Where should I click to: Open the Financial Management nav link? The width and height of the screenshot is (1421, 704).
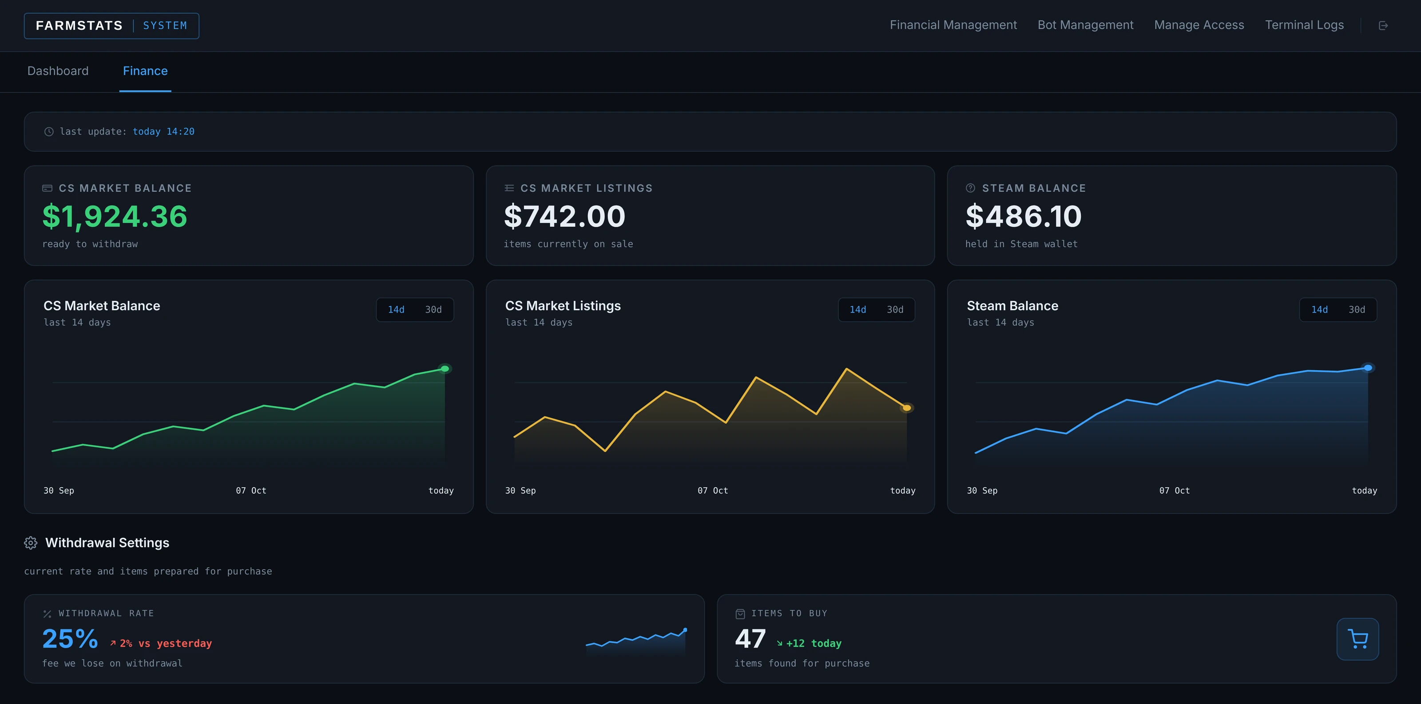[x=953, y=25]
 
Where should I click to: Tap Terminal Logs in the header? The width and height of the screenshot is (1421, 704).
[x=1305, y=25]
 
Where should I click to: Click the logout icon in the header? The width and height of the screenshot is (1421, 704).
[x=1383, y=25]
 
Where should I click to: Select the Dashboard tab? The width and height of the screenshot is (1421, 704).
[x=58, y=71]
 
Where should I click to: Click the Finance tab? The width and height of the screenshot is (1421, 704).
[x=145, y=71]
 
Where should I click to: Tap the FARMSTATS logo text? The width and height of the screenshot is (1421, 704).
[x=79, y=26]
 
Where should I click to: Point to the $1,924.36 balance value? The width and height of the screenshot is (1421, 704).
[x=115, y=216]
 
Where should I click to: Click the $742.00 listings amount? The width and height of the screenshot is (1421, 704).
[x=564, y=216]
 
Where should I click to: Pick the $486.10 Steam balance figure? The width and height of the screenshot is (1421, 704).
[x=1023, y=216]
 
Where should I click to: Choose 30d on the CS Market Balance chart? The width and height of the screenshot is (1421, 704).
[x=433, y=310]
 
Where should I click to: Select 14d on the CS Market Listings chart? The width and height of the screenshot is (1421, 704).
[x=858, y=310]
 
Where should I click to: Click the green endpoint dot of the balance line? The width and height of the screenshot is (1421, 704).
[x=445, y=369]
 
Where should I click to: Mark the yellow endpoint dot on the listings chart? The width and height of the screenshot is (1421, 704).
[x=906, y=408]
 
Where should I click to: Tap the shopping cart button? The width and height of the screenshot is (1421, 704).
[x=1357, y=639]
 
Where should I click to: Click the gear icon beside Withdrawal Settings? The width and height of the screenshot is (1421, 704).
[x=31, y=543]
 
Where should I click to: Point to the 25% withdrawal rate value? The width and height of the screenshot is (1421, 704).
[x=70, y=639]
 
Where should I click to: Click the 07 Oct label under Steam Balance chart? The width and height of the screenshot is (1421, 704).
[x=1175, y=490]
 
